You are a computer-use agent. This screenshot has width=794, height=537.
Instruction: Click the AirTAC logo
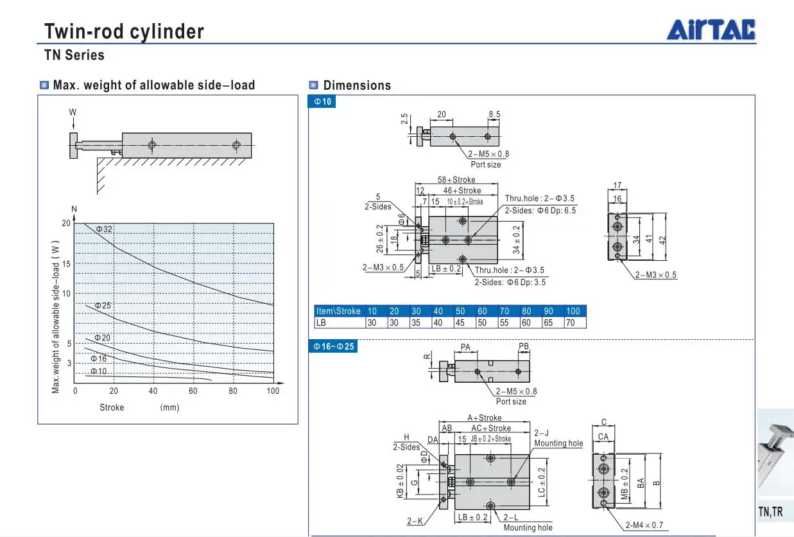click(x=711, y=30)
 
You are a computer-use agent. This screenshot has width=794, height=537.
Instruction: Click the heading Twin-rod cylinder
click(x=124, y=31)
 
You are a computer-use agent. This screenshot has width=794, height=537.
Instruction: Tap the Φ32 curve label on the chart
click(x=104, y=229)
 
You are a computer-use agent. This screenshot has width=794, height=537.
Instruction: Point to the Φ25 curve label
click(x=103, y=305)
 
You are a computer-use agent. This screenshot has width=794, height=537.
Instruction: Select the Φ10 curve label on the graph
click(x=99, y=371)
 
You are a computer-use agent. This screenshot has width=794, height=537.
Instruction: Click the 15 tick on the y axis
click(x=66, y=264)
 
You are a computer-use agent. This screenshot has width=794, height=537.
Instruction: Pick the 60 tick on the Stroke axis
click(x=193, y=391)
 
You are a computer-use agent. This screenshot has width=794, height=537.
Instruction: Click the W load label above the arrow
click(x=73, y=112)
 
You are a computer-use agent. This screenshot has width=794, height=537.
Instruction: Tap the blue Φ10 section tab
click(x=322, y=101)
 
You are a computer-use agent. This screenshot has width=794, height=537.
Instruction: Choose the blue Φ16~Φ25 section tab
click(x=333, y=346)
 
